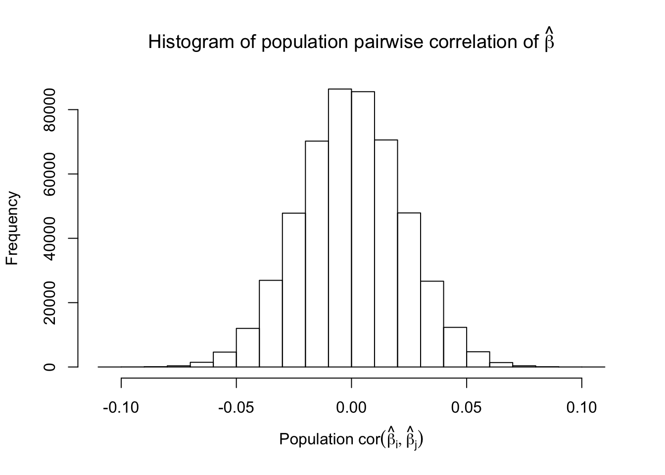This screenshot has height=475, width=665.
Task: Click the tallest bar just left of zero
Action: [x=340, y=228]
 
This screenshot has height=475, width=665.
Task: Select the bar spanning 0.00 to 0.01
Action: [x=363, y=229]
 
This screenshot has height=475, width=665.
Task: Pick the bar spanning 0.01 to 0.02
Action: [x=386, y=253]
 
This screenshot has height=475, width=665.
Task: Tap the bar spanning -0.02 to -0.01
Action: [x=317, y=254]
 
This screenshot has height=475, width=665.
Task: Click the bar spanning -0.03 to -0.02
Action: [x=294, y=290]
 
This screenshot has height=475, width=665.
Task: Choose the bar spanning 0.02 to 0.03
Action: [x=409, y=290]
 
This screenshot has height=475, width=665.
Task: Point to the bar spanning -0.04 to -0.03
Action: [x=271, y=324]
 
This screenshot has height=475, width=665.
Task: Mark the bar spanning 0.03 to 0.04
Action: [x=432, y=324]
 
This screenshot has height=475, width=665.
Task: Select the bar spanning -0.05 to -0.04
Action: [x=248, y=347]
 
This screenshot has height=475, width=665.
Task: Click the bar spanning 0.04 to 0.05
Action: [x=455, y=347]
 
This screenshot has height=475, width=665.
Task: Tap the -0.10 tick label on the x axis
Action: [x=121, y=408]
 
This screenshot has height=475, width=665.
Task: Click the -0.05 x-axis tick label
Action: [x=236, y=408]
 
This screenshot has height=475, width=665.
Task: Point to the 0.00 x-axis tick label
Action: [x=351, y=408]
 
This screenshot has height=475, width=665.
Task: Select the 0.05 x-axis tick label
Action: [x=467, y=408]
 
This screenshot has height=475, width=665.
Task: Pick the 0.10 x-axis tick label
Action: [x=582, y=408]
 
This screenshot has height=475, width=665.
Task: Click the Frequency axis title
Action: [x=12, y=228]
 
